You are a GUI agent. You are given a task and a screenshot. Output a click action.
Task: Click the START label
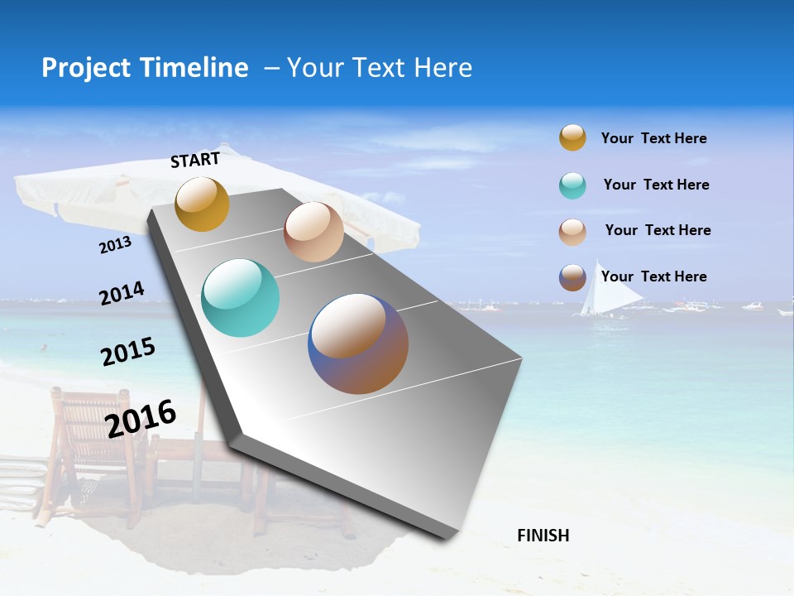[x=195, y=160]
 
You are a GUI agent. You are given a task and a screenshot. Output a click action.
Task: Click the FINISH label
[x=543, y=536]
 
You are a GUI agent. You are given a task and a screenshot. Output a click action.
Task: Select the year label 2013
[x=115, y=245]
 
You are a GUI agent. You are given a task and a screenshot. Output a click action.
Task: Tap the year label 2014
[x=122, y=293]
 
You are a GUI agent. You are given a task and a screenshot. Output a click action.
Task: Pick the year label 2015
[x=128, y=352]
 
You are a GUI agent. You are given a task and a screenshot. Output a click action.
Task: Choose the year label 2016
[x=141, y=419]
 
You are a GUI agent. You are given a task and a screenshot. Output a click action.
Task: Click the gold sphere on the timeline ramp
[x=202, y=204]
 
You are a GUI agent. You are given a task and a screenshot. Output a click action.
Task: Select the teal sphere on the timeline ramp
[x=240, y=298]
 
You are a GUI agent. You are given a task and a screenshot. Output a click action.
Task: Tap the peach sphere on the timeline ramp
[x=313, y=232]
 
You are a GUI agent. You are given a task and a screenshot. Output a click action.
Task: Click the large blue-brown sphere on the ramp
[x=358, y=344]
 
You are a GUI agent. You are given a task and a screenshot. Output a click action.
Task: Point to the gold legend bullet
[x=572, y=138]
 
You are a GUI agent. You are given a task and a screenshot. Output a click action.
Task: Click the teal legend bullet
[x=572, y=185]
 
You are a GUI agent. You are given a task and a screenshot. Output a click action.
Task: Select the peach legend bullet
[x=572, y=231]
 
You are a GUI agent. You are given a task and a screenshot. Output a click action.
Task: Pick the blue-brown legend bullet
[x=572, y=277]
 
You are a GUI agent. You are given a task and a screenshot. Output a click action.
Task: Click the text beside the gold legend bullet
[x=653, y=138]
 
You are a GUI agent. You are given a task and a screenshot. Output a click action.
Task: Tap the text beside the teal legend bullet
[x=656, y=185]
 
